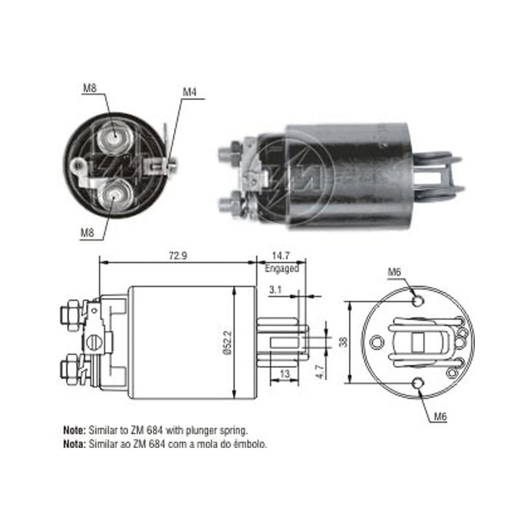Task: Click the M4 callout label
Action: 189,92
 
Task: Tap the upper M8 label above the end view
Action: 90,88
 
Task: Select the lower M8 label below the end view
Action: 87,233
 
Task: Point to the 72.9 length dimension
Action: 178,256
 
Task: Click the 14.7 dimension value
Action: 281,255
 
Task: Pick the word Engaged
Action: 282,269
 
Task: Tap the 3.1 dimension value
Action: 275,290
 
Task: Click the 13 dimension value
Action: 285,374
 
